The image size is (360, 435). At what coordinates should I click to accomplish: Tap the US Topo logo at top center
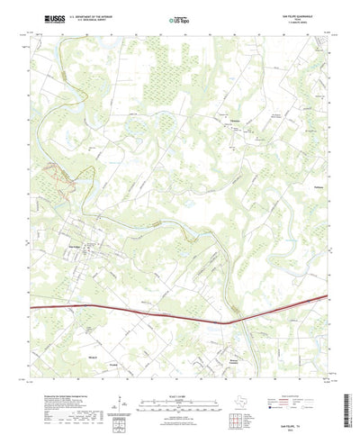click(178, 19)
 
